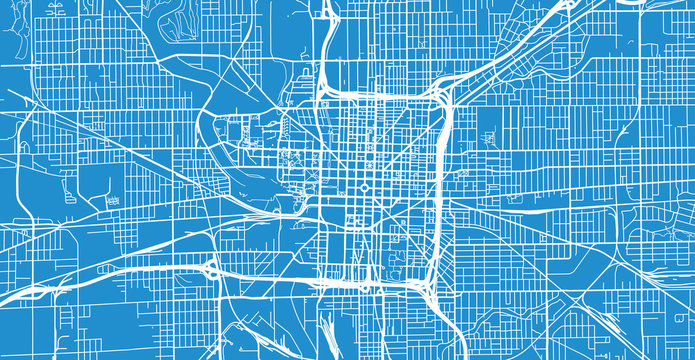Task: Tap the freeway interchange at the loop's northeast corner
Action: coord(440,95)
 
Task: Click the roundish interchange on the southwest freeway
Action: coord(212,267)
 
